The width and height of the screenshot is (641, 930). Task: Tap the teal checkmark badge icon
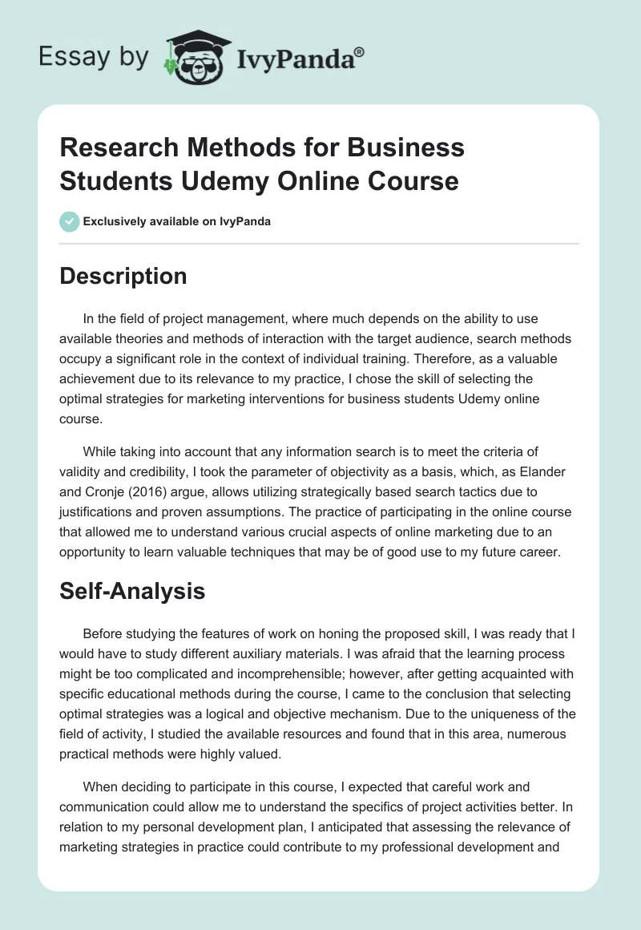coord(70,221)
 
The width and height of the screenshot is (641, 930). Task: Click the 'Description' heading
coord(123,276)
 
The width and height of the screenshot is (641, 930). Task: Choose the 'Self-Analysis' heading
coord(132,591)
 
